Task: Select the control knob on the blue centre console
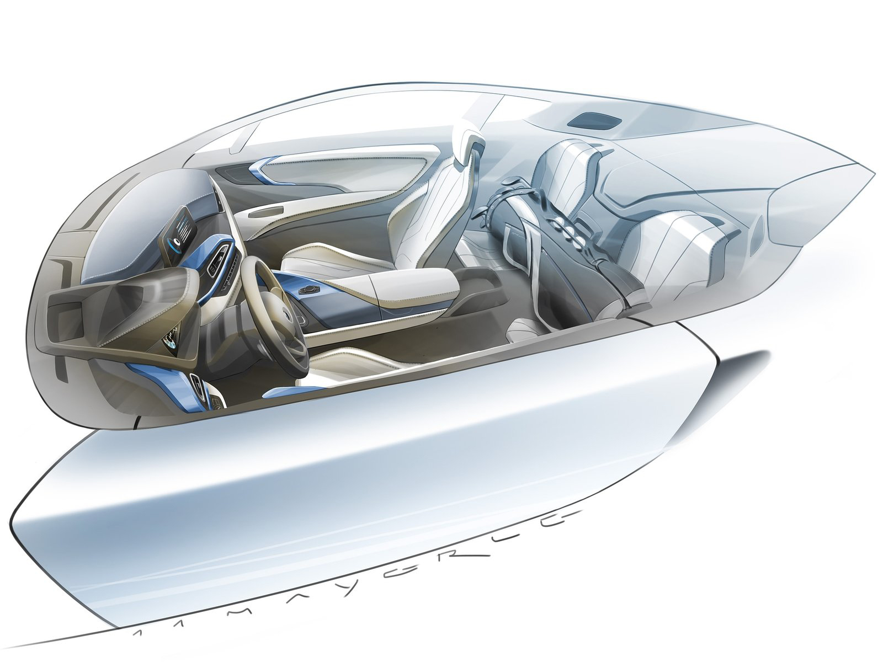[304, 289]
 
